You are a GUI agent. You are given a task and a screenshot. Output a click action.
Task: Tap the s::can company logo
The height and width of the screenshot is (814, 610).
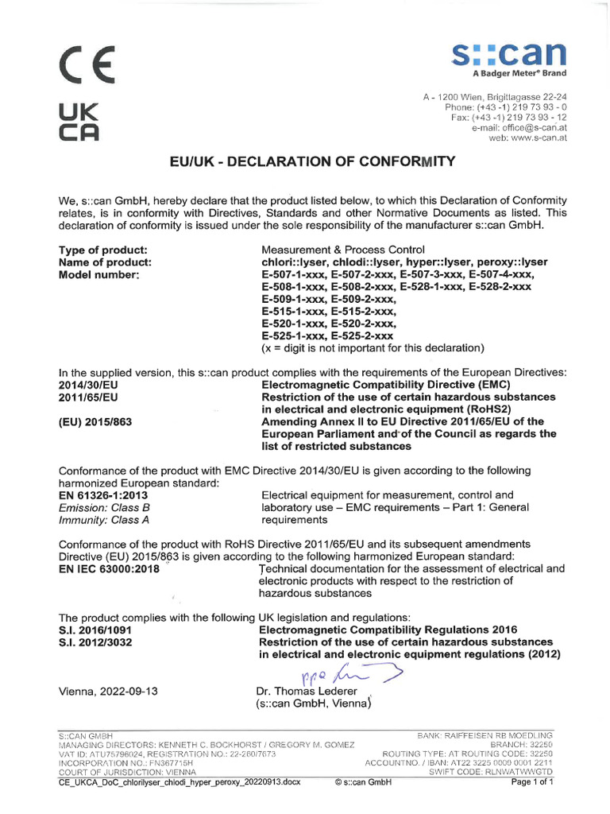pyautogui.click(x=509, y=57)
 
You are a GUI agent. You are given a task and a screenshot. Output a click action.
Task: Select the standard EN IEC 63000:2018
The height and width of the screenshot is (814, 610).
pyautogui.click(x=110, y=568)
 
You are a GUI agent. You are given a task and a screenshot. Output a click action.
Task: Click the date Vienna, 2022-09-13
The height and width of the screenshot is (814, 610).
pyautogui.click(x=109, y=691)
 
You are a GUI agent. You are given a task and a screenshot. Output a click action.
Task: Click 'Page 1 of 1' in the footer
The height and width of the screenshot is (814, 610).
pyautogui.click(x=531, y=781)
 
